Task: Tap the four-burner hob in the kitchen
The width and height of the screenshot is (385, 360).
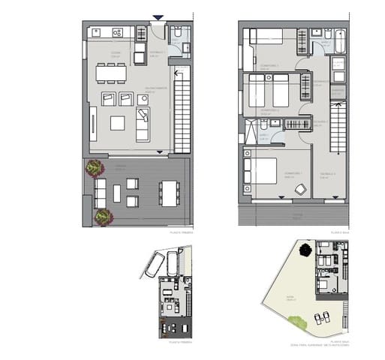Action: coord(117,32)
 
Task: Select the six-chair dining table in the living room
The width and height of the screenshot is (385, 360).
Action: coord(110,73)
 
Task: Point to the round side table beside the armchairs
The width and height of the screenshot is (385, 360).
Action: coord(143,99)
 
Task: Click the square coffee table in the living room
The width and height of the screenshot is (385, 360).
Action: coord(118,123)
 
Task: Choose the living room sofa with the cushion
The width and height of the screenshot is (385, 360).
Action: coord(142,124)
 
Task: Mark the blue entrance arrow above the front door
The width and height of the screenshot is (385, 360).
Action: coord(158,18)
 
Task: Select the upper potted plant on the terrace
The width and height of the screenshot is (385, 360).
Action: coord(95,167)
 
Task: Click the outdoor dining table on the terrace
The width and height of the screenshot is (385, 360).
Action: coord(170,193)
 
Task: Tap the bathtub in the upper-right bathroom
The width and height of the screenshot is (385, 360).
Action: coord(340,37)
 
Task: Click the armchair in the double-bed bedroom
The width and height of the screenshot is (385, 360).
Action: coord(299,190)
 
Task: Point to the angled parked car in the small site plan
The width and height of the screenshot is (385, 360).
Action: coord(155,264)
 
